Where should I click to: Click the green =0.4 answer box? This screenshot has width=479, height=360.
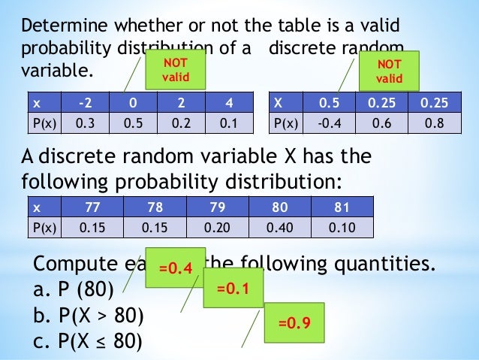174,267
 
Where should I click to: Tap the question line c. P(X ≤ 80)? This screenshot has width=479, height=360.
89,341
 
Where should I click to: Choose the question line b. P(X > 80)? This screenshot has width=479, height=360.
89,315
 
